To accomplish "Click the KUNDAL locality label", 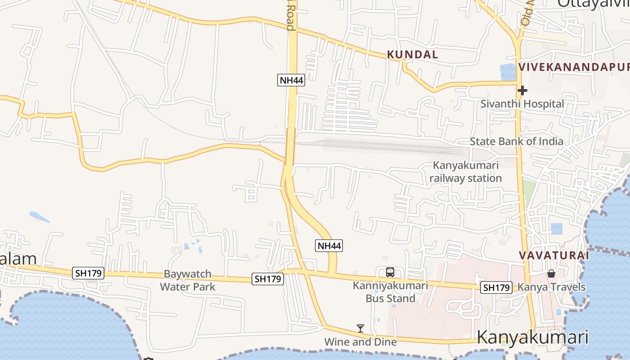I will pyautogui.click(x=412, y=55).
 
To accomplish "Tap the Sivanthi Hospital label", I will pyautogui.click(x=522, y=104).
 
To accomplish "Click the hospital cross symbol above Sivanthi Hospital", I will pyautogui.click(x=522, y=90).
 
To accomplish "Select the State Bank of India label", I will pyautogui.click(x=516, y=141).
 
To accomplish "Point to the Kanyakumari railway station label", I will pyautogui.click(x=465, y=171).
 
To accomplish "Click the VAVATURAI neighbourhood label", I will pyautogui.click(x=553, y=255).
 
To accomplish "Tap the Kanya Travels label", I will pyautogui.click(x=551, y=287).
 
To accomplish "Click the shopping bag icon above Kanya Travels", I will pyautogui.click(x=551, y=274).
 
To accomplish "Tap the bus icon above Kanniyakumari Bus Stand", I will pyautogui.click(x=390, y=272).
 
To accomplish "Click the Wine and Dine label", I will pyautogui.click(x=360, y=342).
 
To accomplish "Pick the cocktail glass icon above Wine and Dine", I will pyautogui.click(x=360, y=328).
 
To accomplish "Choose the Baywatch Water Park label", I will pyautogui.click(x=188, y=280).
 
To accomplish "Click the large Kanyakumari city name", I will pyautogui.click(x=532, y=337).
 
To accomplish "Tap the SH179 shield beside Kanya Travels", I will pyautogui.click(x=497, y=288).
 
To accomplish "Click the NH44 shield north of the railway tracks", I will pyautogui.click(x=291, y=80).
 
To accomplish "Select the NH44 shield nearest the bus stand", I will pyautogui.click(x=329, y=246).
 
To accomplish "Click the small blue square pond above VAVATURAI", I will pyautogui.click(x=557, y=229).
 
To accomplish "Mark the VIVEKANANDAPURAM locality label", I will pyautogui.click(x=574, y=67).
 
